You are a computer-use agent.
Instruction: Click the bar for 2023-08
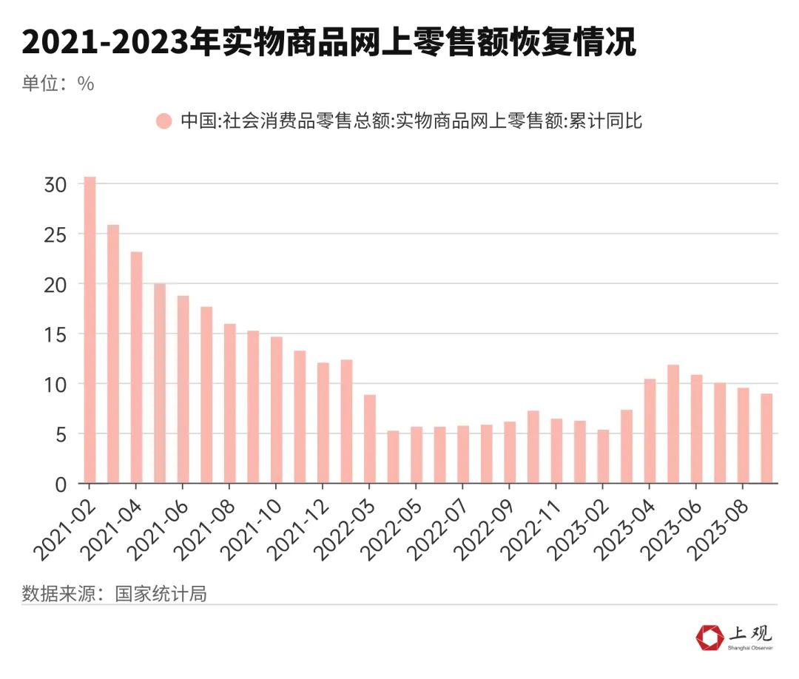coord(743,436)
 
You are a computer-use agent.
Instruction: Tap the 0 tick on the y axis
coord(61,484)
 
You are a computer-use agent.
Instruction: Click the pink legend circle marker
coord(163,121)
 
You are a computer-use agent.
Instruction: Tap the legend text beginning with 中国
coord(411,121)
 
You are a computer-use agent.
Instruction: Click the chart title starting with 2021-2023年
coord(328,43)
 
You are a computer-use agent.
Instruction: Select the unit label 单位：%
coord(58,84)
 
